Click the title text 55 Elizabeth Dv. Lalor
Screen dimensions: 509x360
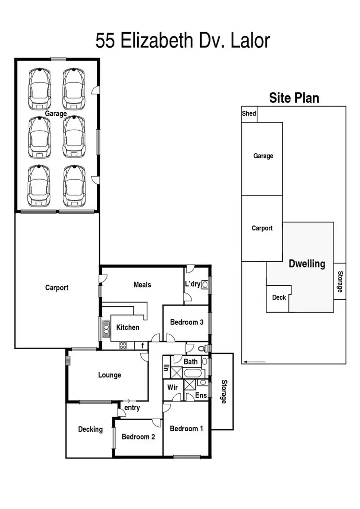pyautogui.click(x=182, y=40)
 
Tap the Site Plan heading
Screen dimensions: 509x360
pyautogui.click(x=294, y=98)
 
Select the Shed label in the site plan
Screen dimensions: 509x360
pyautogui.click(x=249, y=114)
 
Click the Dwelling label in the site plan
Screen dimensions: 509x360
pyautogui.click(x=307, y=264)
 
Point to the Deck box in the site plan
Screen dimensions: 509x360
pyautogui.click(x=279, y=298)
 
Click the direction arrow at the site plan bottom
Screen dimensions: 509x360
pyautogui.click(x=254, y=362)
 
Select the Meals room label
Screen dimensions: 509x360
pyautogui.click(x=142, y=285)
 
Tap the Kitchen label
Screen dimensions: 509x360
pyautogui.click(x=128, y=327)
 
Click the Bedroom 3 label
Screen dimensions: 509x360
pyautogui.click(x=187, y=322)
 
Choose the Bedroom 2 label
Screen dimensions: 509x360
pyautogui.click(x=138, y=437)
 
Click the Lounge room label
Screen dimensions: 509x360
pyautogui.click(x=109, y=375)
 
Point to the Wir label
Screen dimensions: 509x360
pyautogui.click(x=173, y=387)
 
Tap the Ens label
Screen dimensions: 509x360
pyautogui.click(x=201, y=396)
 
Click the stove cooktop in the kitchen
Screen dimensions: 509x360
pyautogui.click(x=122, y=345)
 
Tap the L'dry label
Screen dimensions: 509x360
pyautogui.click(x=192, y=284)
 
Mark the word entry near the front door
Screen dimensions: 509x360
pyautogui.click(x=132, y=408)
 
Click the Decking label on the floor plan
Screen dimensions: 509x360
pyautogui.click(x=90, y=429)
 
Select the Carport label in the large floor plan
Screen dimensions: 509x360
pyautogui.click(x=57, y=288)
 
